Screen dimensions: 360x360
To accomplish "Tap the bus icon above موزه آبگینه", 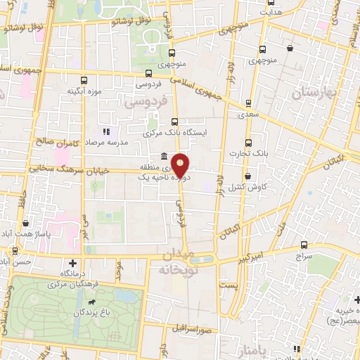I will [x=85, y=80].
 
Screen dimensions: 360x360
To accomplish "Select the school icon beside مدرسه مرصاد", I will [x=106, y=131].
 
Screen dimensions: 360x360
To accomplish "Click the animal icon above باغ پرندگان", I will [x=91, y=302].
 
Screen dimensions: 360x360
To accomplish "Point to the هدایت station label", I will [x=271, y=12].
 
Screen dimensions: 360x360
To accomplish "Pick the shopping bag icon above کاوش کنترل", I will [x=247, y=176].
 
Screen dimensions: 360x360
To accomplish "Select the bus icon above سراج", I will [x=304, y=245].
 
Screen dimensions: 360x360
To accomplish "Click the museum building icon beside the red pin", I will [x=163, y=156].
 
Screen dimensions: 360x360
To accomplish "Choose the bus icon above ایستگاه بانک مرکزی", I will [x=174, y=121].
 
